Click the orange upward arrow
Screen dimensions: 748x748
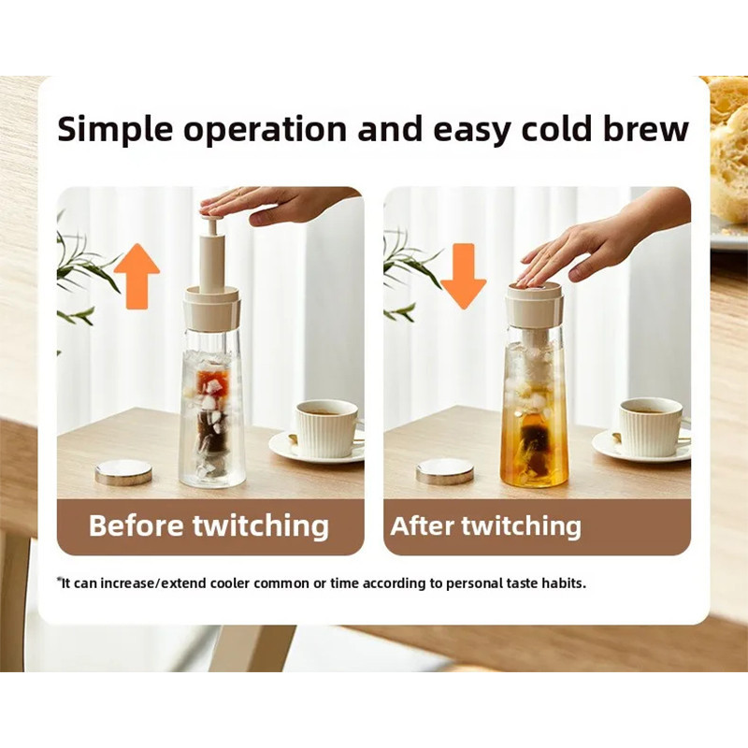pos(137,276)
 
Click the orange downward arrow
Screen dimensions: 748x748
pos(463,277)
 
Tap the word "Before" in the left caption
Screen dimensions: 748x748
pos(137,525)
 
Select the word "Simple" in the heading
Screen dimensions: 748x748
pos(115,129)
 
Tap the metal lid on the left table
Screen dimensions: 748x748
pos(123,472)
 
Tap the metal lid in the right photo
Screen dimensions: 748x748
pos(445,472)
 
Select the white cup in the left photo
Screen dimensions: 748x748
pos(327,428)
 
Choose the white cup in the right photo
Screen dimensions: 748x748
pos(651,426)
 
